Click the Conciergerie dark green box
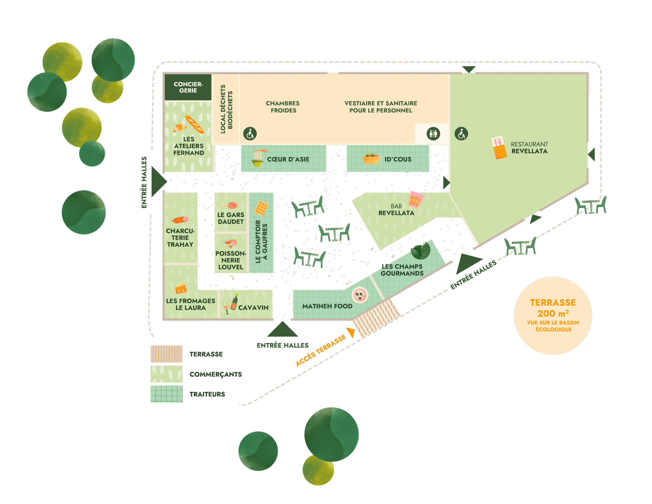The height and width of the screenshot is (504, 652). click(188, 87)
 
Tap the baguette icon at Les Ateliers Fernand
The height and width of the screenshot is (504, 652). click(194, 124)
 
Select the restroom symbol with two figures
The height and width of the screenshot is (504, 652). click(433, 134)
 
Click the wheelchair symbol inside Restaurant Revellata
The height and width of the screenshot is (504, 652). click(461, 134)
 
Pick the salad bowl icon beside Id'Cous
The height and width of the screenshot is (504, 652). click(371, 159)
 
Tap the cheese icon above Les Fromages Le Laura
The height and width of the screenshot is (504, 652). click(181, 288)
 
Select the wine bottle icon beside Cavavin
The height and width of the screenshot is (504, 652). click(234, 302)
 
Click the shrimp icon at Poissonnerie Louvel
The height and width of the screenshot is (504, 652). click(230, 243)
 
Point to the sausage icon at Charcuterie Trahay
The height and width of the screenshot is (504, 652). click(180, 220)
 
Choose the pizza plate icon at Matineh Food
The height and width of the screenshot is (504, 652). click(360, 295)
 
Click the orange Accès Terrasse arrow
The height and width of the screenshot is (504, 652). click(351, 332)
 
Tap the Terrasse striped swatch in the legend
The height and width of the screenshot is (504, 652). click(166, 354)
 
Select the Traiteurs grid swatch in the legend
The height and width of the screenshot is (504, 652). click(166, 394)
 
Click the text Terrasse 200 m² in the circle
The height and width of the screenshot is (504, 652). click(553, 308)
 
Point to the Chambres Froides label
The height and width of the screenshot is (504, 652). click(283, 107)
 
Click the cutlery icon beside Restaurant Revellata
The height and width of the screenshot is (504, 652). click(499, 148)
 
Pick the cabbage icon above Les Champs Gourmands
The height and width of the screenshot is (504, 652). click(421, 250)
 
